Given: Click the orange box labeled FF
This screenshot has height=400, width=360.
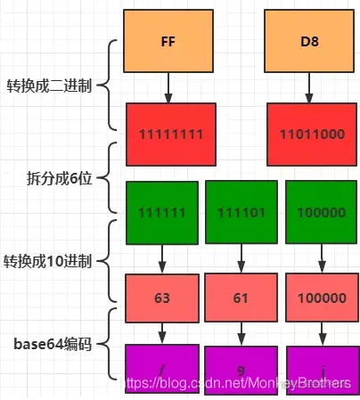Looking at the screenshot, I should pos(167,41).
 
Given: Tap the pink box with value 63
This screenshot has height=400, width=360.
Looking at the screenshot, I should pos(163,298).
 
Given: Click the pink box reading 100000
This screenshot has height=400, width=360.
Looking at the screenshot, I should pos(318,298).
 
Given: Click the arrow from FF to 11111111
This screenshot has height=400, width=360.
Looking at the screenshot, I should pos(167,86).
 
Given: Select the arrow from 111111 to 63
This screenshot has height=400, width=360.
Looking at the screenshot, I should pos(163,258).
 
